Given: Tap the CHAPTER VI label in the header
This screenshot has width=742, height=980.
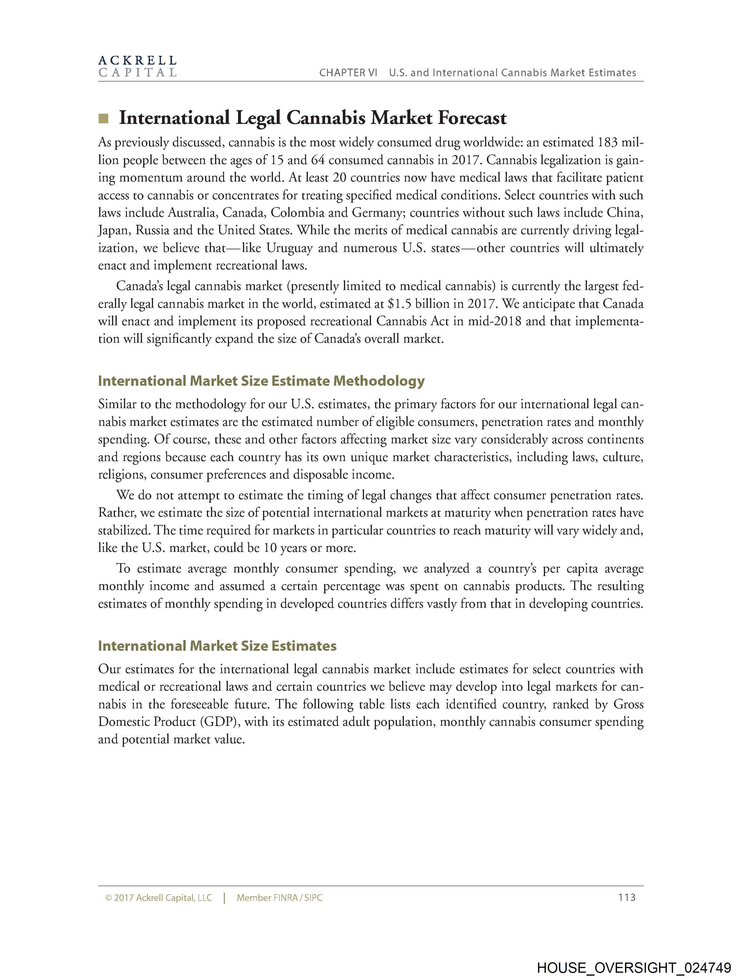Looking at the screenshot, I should (348, 73).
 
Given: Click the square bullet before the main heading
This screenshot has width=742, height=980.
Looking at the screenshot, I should (103, 118).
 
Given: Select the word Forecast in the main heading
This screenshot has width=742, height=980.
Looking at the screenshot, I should (472, 118).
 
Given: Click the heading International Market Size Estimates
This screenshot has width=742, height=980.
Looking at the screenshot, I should (217, 646).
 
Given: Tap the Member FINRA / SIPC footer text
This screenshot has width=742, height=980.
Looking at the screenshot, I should (279, 898).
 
